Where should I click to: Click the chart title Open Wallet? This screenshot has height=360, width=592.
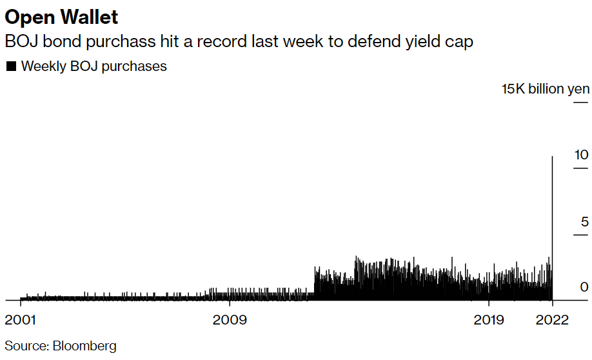pos(62,16)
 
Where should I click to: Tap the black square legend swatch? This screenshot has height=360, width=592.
pos(10,66)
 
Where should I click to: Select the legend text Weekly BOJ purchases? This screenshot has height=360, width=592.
pos(94,66)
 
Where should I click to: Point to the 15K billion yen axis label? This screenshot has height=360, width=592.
pos(546,89)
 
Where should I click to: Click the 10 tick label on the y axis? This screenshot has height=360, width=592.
pos(582,155)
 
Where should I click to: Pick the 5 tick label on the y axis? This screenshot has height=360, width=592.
pos(585,222)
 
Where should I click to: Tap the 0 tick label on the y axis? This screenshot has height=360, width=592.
pos(584,287)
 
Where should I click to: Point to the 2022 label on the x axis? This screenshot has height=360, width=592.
pos(553,320)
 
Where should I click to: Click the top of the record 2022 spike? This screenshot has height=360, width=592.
pos(553,157)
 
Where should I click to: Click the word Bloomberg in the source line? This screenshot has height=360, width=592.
pos(84,345)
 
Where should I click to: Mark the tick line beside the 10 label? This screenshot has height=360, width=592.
pos(580,169)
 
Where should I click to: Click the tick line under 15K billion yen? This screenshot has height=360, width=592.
pos(580,102)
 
